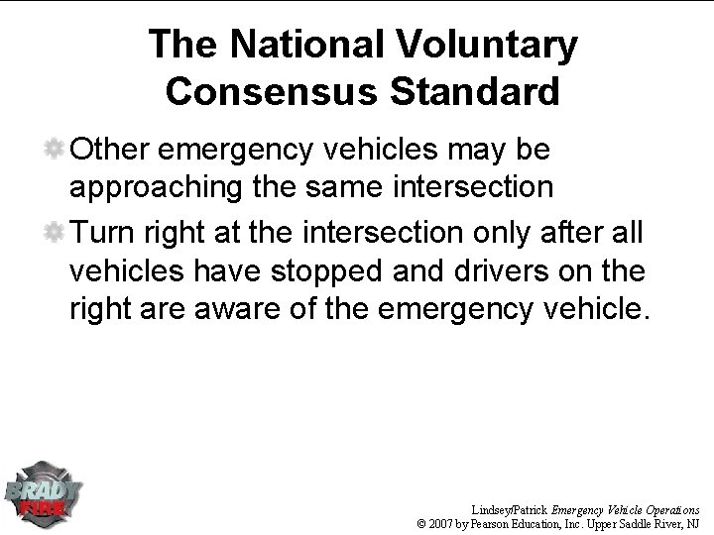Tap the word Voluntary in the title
click(x=488, y=45)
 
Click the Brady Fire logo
click(x=45, y=490)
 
